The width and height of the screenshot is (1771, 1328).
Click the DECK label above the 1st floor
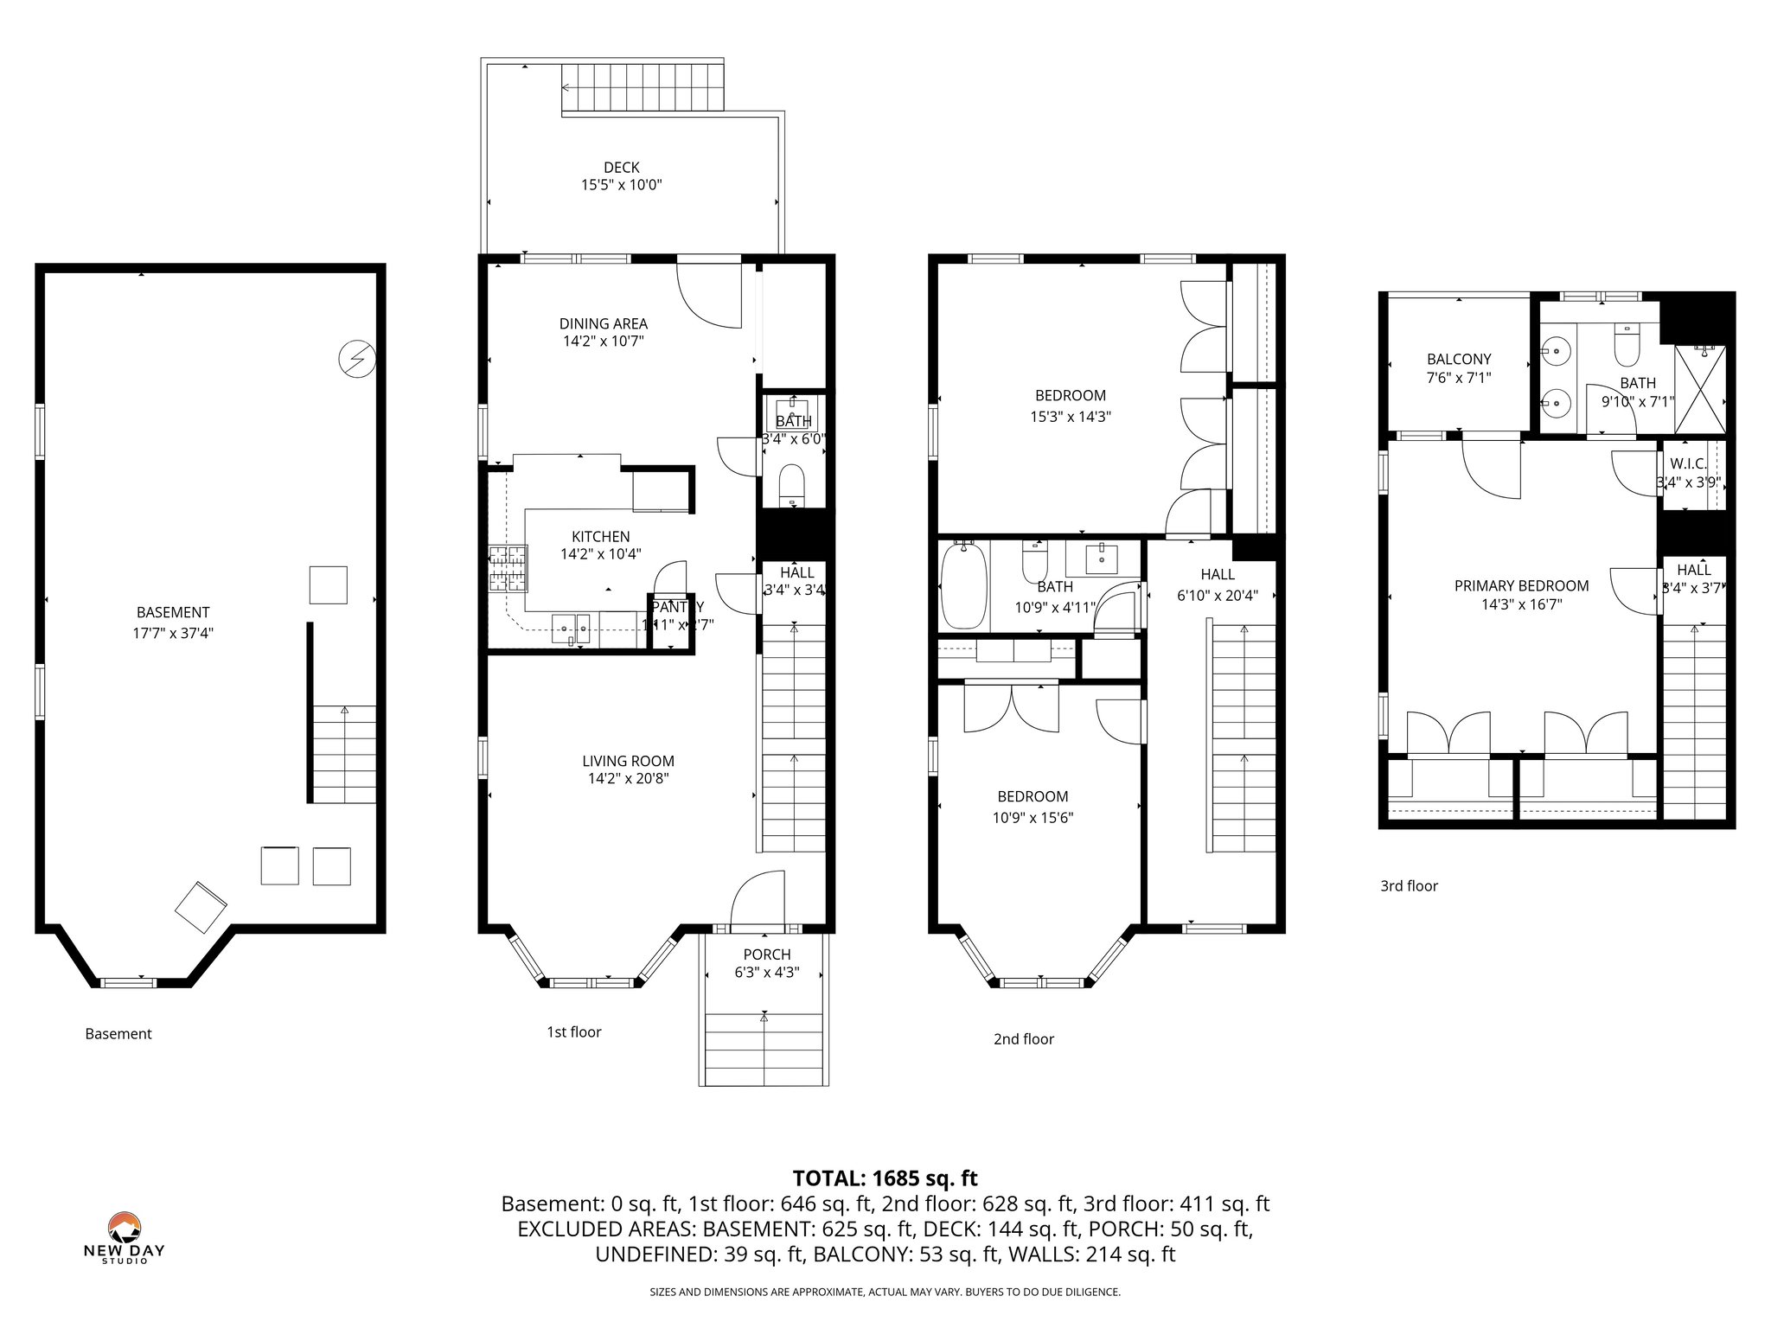622,168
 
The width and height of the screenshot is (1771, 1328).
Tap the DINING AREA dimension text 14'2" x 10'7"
604,342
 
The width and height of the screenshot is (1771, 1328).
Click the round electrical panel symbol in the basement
356,359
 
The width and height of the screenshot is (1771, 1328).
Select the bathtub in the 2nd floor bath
962,585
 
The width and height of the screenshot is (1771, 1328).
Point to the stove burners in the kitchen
508,569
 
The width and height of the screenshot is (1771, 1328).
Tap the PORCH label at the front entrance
767,954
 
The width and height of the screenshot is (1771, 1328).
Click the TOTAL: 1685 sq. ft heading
885,1178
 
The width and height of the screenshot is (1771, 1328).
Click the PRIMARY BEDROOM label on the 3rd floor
1521,586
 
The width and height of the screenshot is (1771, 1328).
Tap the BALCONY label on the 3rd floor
1459,360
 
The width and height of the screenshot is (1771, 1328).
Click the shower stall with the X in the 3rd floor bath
1700,388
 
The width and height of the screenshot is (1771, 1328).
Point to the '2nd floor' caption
1023,1039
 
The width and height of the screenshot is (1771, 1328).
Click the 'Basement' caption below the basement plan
118,1034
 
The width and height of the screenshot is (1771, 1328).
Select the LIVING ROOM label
628,762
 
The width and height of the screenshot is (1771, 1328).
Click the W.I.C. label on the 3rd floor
1688,464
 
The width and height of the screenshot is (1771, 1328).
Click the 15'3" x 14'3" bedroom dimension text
1071,417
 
